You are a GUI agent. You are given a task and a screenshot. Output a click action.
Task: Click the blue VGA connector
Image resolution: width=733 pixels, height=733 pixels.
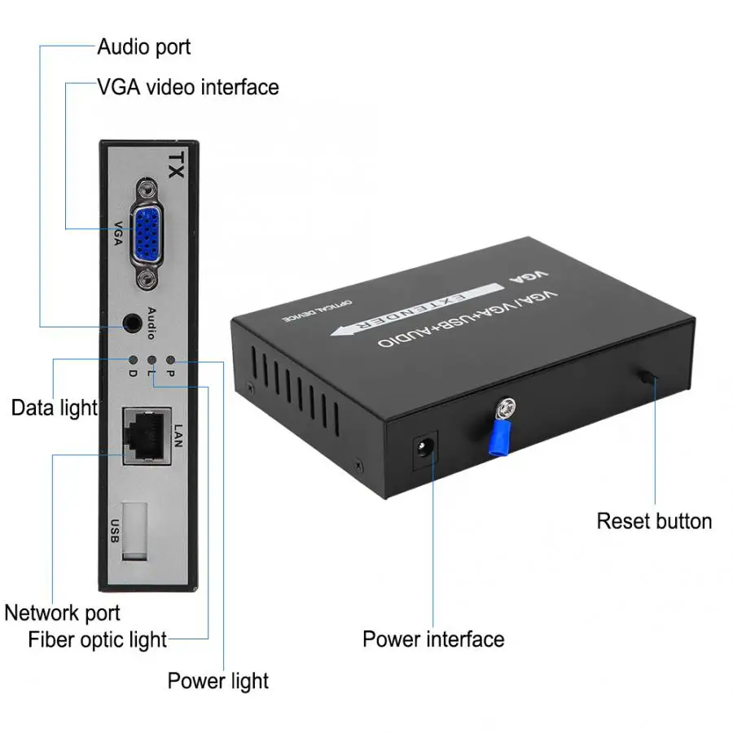[147, 235]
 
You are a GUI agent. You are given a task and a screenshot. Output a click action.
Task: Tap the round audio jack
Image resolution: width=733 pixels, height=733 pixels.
[130, 323]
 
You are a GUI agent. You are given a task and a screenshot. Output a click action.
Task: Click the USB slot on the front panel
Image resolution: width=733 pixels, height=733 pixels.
[136, 530]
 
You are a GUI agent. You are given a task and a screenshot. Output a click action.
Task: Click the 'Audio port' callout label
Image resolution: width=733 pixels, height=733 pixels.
[144, 46]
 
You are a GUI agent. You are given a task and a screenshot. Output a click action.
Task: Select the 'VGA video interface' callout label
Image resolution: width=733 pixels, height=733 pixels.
[187, 86]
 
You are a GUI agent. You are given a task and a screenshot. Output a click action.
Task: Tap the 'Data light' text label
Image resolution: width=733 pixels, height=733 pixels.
[54, 407]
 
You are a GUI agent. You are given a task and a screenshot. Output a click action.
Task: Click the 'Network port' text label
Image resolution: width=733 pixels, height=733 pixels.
[62, 612]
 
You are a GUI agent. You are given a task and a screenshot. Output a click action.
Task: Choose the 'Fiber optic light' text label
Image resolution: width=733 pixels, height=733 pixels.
[97, 639]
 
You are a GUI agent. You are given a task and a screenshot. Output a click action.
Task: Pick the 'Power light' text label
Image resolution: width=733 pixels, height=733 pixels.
[217, 680]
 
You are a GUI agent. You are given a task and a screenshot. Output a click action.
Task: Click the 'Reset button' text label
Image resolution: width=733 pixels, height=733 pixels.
[654, 521]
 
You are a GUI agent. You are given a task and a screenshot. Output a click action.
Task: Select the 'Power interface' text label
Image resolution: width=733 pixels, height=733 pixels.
[433, 639]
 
